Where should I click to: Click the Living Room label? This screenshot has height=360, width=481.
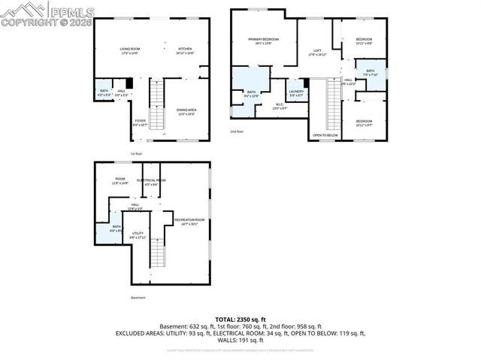coord(130,50)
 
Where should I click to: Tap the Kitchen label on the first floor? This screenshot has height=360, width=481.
coord(185,50)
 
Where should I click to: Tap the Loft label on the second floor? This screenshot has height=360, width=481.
coord(317,52)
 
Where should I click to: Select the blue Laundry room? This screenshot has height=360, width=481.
coord(296,92)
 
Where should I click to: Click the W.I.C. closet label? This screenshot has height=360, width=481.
coord(279,106)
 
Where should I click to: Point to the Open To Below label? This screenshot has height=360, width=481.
coord(325,135)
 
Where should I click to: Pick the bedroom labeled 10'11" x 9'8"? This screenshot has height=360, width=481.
coord(364,41)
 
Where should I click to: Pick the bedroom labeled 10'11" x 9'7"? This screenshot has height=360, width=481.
coord(364,123)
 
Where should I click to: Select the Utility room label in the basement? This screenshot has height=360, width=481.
coord(138,235)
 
